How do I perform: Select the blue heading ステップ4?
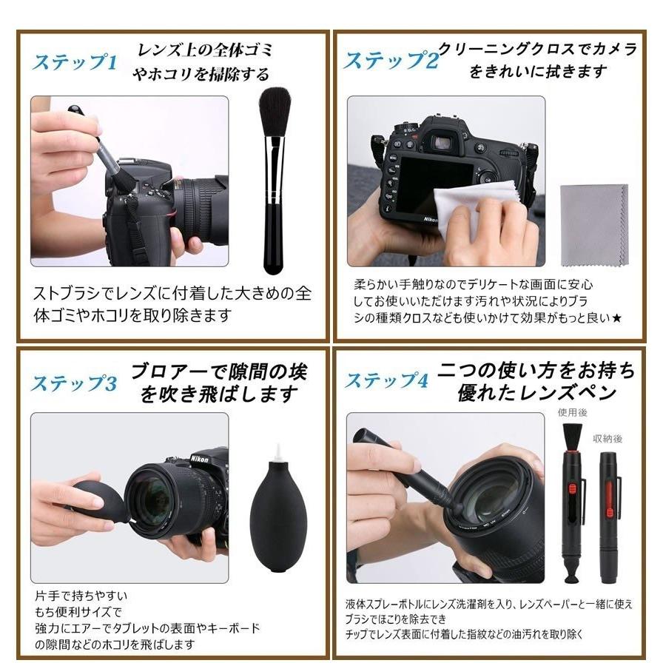(386, 381)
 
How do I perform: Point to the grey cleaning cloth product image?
(593, 224)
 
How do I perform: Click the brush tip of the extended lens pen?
(571, 435)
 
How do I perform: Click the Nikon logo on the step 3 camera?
(199, 459)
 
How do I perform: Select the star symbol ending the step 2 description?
(616, 317)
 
